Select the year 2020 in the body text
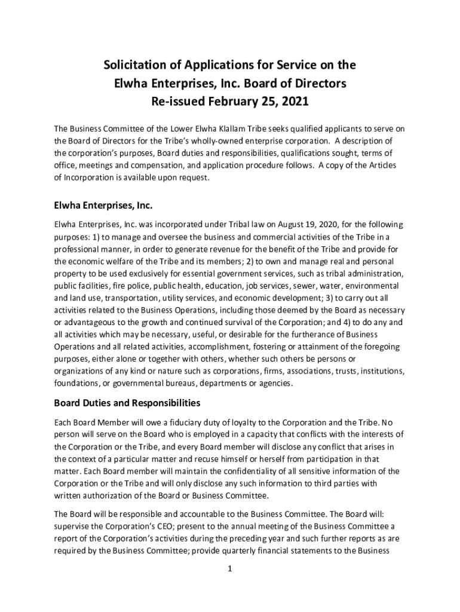(311, 225)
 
